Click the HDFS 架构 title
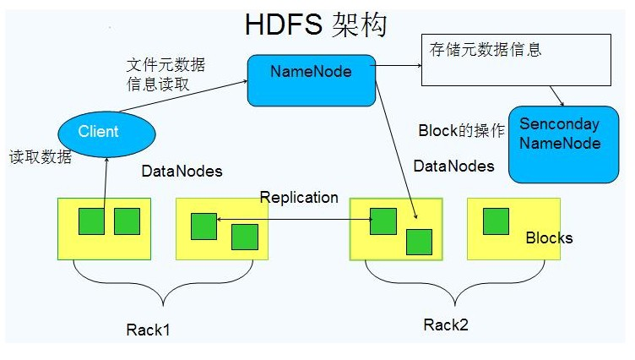pyautogui.click(x=316, y=25)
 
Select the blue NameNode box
pyautogui.click(x=311, y=80)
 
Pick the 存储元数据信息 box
pyautogui.click(x=516, y=59)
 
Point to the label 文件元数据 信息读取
pyautogui.click(x=166, y=74)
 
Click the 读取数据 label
pyautogui.click(x=41, y=156)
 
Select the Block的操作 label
pyautogui.click(x=461, y=131)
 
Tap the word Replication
pyautogui.click(x=299, y=198)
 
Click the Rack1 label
pyautogui.click(x=148, y=330)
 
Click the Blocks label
pyautogui.click(x=549, y=237)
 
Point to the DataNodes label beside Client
pyautogui.click(x=182, y=172)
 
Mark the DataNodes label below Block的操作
pyautogui.click(x=453, y=166)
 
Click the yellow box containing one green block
pyautogui.click(x=513, y=228)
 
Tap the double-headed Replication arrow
pyautogui.click(x=296, y=221)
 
